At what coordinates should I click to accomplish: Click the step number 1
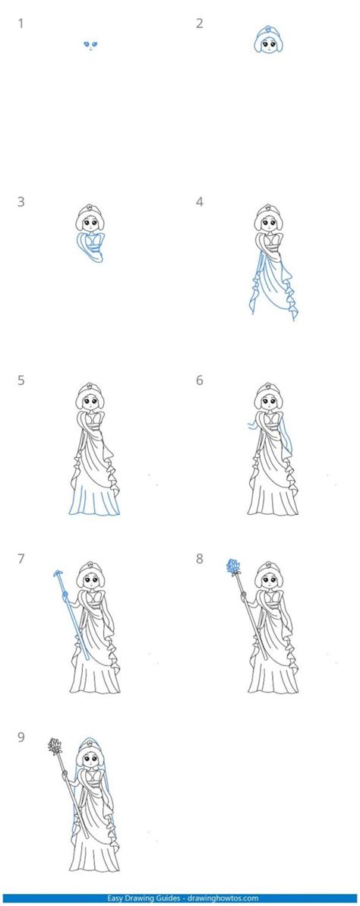point(21,24)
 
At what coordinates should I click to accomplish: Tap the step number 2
point(200,24)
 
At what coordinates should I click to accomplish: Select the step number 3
point(21,202)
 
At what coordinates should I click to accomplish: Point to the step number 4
point(200,202)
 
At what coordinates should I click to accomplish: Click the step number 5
point(21,380)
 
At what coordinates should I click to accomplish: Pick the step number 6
point(200,380)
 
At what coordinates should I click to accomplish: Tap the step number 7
point(21,559)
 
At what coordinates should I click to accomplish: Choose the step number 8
point(200,559)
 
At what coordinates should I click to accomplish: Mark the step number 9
point(21,737)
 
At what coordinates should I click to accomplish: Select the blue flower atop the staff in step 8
point(233,566)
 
